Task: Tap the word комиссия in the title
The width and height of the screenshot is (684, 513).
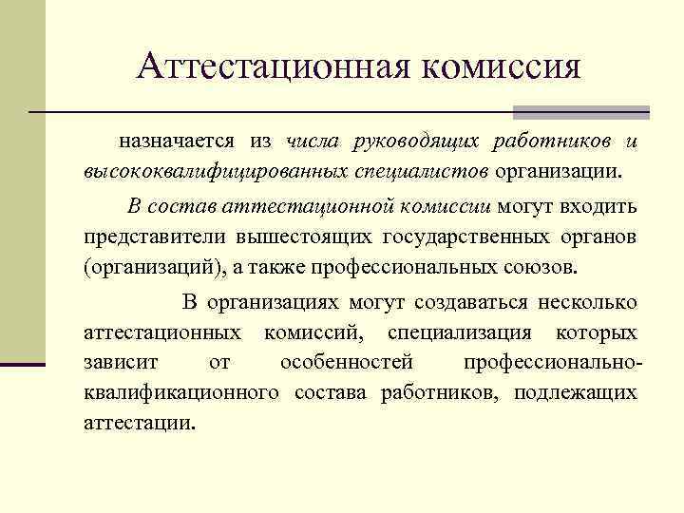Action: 503,66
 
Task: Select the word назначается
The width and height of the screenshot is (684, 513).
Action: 177,142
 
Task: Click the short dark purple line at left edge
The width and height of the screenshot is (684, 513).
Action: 23,364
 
